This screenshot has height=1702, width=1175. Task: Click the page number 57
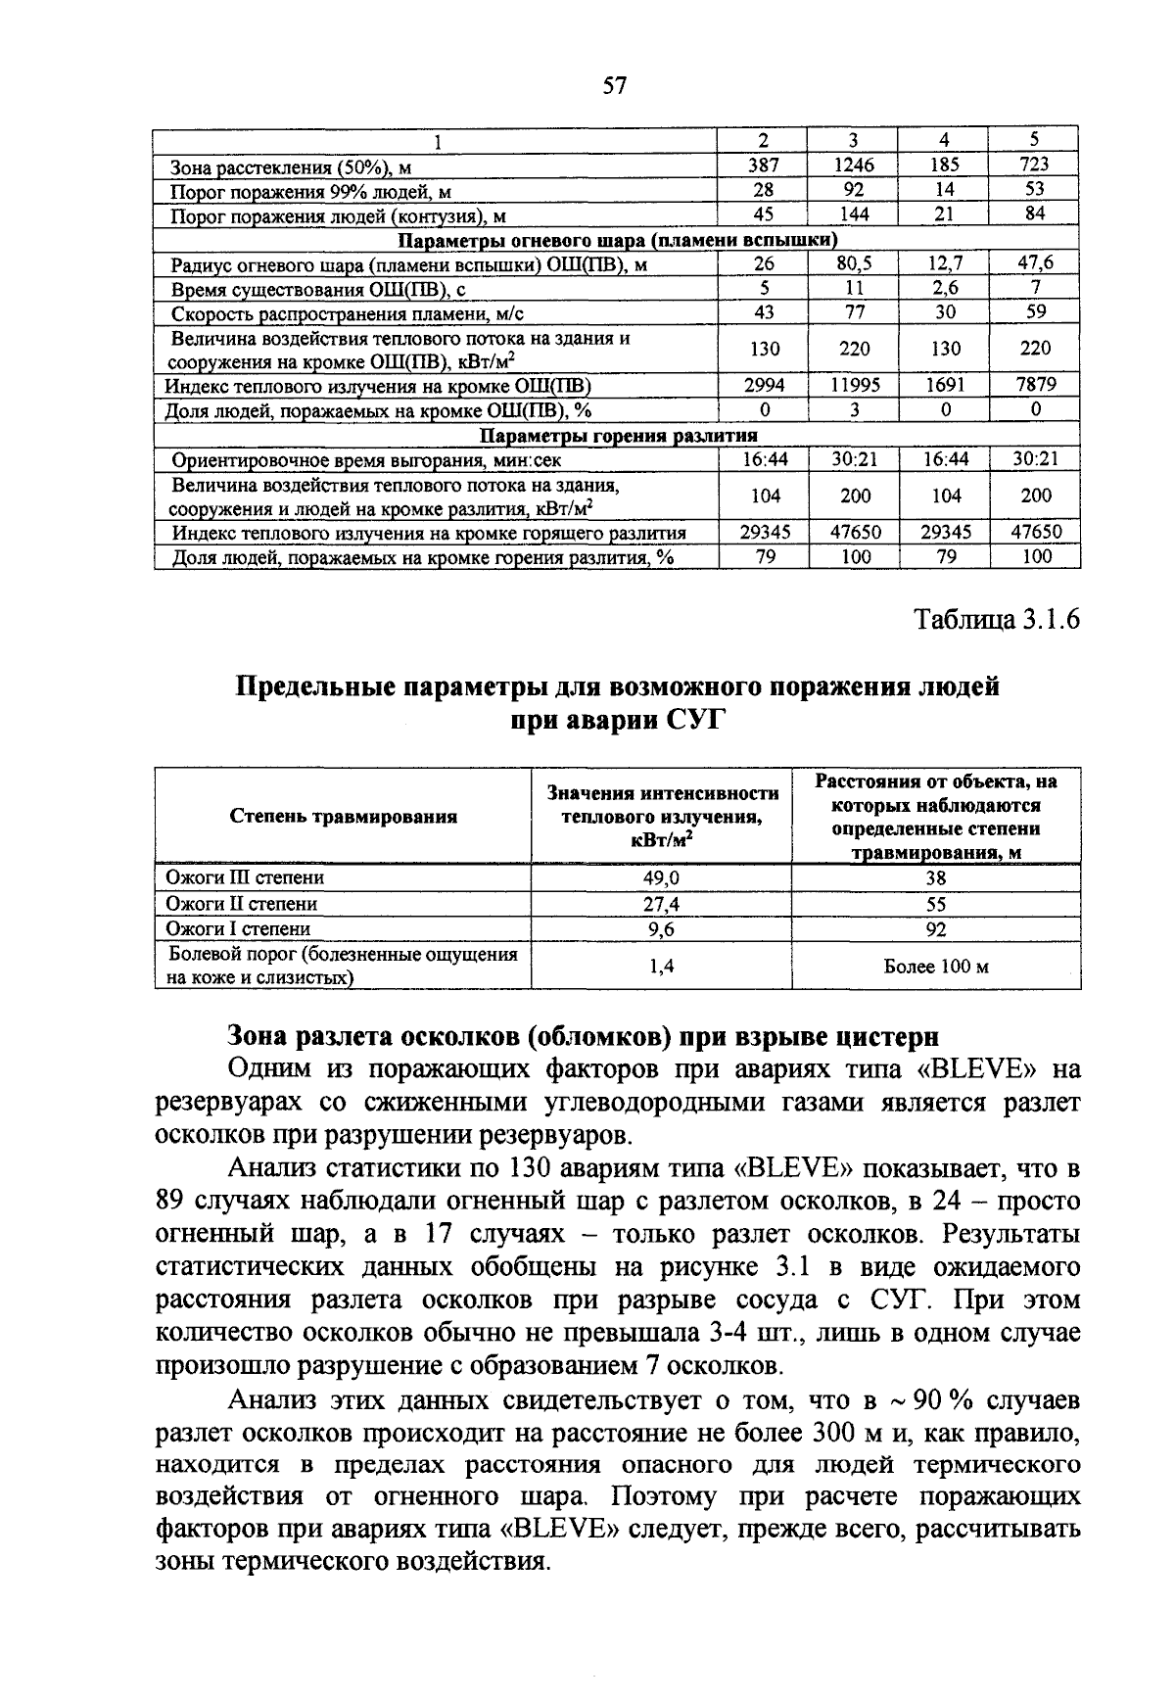(614, 85)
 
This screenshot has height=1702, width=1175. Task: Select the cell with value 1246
(854, 165)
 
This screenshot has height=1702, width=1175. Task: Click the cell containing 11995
(854, 385)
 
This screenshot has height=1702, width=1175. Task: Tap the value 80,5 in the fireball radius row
(854, 262)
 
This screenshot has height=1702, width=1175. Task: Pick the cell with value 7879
(1035, 385)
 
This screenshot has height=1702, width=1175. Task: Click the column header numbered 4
(944, 139)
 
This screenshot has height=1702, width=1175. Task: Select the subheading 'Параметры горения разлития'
(617, 435)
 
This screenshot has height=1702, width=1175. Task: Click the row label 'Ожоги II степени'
(241, 903)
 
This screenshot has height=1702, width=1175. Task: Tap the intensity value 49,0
(661, 877)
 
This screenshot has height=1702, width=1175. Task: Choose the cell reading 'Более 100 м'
(936, 967)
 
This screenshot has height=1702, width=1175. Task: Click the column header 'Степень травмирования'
(343, 816)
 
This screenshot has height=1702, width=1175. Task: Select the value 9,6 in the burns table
(661, 928)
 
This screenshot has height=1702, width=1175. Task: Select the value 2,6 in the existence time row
(944, 288)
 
